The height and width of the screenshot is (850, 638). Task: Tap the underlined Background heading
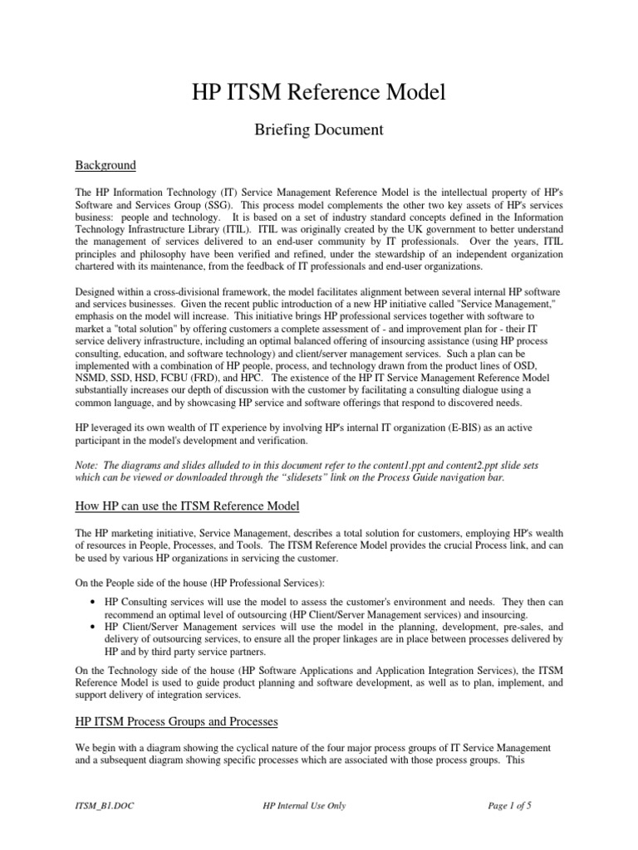click(106, 164)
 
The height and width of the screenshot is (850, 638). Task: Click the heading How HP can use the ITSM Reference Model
click(187, 506)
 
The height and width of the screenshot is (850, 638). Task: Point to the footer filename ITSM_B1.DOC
click(106, 805)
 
